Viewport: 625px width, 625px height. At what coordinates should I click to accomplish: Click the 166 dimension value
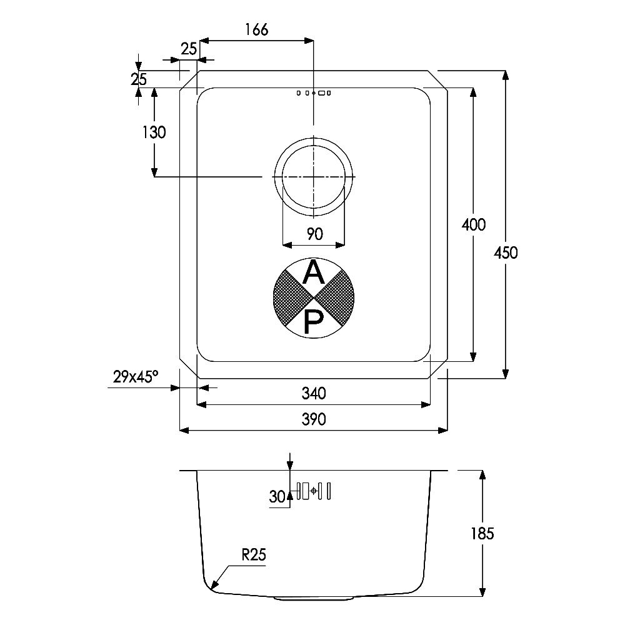tap(257, 29)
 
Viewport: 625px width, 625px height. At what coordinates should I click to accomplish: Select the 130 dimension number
tap(154, 132)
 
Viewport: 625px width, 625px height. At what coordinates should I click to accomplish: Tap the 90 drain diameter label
tap(314, 234)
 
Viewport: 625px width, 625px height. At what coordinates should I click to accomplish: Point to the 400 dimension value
tap(474, 225)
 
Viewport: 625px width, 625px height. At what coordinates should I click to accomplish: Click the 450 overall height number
tap(506, 252)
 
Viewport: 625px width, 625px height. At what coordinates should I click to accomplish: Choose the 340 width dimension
tap(314, 393)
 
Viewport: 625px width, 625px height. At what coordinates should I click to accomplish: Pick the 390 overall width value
tap(314, 419)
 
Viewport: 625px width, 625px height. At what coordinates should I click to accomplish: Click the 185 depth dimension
tap(482, 533)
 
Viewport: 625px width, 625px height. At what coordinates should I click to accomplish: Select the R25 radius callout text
tap(254, 554)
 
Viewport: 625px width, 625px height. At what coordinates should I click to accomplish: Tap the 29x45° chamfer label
tap(136, 376)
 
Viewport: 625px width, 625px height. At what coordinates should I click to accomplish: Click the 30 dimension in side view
tap(277, 497)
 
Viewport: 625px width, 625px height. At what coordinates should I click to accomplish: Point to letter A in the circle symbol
tap(314, 272)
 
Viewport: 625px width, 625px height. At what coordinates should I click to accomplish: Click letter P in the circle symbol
tap(312, 322)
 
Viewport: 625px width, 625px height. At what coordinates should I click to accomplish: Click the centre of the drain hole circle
tap(314, 176)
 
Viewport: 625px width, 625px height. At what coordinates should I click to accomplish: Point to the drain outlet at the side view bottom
tap(314, 598)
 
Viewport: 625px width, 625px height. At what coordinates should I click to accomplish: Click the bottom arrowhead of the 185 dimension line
tap(482, 591)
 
